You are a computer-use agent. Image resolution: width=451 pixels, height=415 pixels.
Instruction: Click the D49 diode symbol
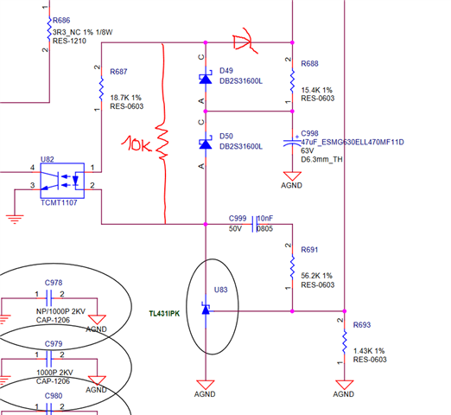(x=206, y=79)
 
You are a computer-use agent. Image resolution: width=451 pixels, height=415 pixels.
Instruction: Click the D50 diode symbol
(x=206, y=144)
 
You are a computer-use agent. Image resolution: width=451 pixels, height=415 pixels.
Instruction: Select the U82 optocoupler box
(x=62, y=181)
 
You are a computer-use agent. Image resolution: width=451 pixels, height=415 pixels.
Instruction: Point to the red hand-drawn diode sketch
(x=245, y=41)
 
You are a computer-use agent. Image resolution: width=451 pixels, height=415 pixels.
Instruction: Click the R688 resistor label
(x=309, y=64)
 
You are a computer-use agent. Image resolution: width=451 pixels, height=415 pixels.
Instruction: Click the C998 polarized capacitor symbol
(x=292, y=142)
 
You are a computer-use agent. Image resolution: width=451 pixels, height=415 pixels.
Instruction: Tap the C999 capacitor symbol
(x=254, y=224)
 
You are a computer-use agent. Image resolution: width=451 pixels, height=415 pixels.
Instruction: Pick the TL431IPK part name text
(x=164, y=314)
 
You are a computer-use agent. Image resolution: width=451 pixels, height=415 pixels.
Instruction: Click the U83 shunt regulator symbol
(x=206, y=309)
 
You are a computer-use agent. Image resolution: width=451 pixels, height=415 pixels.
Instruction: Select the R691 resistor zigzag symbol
(x=292, y=267)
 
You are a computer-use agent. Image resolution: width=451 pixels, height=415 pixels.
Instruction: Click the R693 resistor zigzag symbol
(x=345, y=342)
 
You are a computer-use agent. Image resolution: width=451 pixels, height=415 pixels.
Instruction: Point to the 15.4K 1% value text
(x=316, y=90)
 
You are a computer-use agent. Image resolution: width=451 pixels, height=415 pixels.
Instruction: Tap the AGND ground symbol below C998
(x=292, y=176)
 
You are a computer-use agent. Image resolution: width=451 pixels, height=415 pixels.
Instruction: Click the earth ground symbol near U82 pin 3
(x=15, y=219)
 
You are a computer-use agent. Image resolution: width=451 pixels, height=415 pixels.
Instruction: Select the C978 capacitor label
(x=54, y=283)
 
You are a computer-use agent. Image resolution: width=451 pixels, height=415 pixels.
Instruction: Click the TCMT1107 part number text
(x=59, y=203)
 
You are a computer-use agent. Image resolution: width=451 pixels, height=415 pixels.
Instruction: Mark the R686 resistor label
(x=61, y=21)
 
